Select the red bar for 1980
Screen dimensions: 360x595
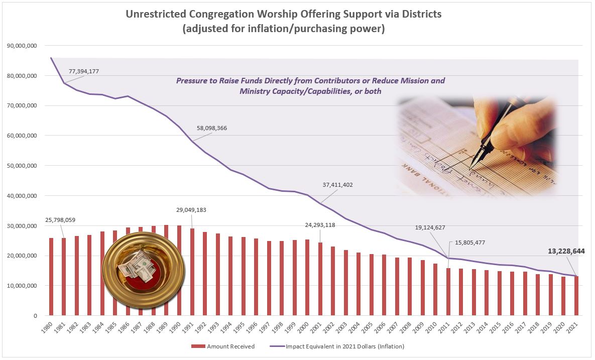51,277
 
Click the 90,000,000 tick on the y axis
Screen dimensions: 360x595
22,46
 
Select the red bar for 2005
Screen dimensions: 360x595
372,285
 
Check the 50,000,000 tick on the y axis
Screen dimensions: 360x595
22,166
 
